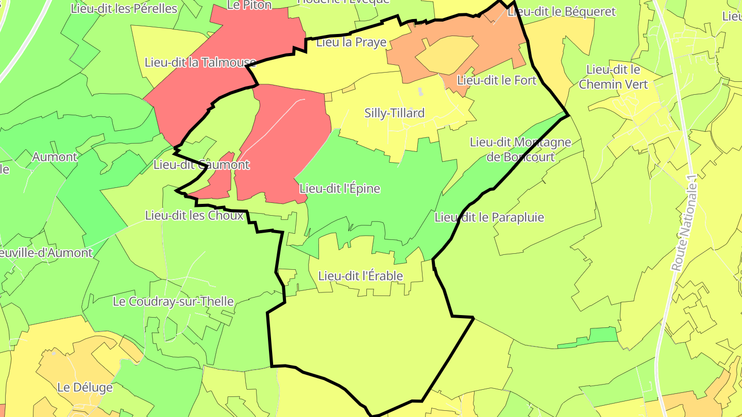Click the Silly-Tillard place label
[394, 113]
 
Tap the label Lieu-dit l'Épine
[340, 189]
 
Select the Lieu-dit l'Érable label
[360, 276]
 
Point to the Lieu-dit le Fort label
[497, 80]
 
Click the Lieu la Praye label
[351, 42]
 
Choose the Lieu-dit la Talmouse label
[200, 63]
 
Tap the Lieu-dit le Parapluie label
[489, 217]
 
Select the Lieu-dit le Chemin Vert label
[613, 77]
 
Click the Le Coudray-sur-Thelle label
[173, 302]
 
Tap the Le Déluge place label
[85, 387]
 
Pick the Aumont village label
[55, 157]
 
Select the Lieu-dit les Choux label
[194, 215]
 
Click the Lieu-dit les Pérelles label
[124, 9]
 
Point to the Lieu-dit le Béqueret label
[561, 12]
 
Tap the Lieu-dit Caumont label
[201, 165]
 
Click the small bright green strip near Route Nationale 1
[593, 338]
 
